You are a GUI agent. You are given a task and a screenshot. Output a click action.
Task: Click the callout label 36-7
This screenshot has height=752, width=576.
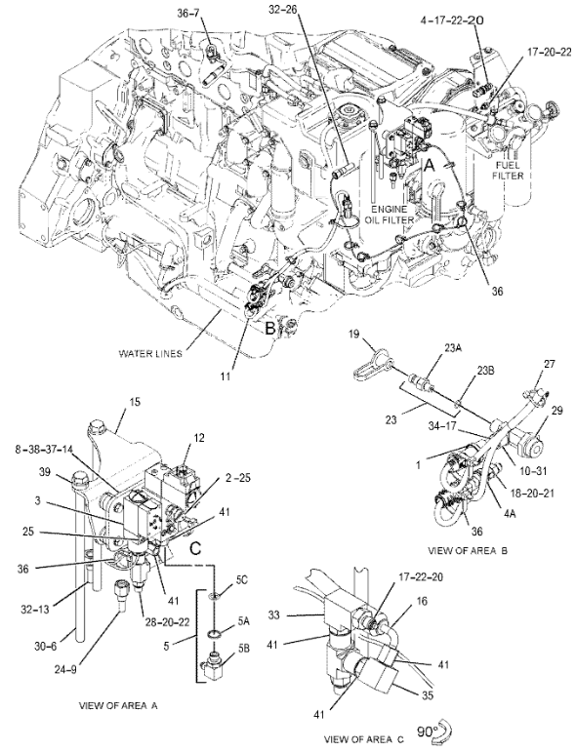click(x=188, y=14)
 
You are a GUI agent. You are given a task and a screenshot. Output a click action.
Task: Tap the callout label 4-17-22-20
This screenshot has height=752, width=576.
click(x=452, y=20)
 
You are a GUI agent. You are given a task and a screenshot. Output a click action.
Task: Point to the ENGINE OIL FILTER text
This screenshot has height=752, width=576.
click(x=388, y=215)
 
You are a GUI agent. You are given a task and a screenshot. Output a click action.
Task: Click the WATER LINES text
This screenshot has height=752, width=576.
click(x=150, y=354)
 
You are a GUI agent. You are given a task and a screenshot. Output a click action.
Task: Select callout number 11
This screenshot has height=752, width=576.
click(x=226, y=376)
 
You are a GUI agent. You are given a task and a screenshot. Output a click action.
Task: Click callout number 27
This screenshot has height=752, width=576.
click(x=549, y=364)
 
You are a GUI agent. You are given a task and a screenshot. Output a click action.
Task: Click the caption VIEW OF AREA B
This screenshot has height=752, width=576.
click(x=468, y=551)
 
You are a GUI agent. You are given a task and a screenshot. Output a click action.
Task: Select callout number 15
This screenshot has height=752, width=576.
click(x=135, y=402)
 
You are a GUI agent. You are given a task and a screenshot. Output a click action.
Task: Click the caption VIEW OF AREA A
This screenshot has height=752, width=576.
click(x=117, y=705)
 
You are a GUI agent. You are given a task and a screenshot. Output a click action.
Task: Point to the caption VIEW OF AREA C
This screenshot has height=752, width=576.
click(x=364, y=738)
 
